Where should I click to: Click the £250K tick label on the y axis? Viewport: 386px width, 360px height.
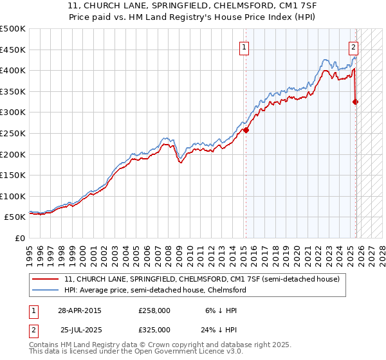(x=12, y=133)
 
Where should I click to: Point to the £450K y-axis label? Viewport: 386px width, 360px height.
(x=12, y=50)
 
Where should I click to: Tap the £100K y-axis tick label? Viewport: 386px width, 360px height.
(x=12, y=196)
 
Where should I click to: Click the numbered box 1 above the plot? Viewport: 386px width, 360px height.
(x=245, y=46)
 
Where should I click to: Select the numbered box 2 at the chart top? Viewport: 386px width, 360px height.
(x=354, y=46)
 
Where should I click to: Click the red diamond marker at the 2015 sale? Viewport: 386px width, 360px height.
(x=246, y=130)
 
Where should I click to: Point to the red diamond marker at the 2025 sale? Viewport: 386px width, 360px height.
(x=356, y=102)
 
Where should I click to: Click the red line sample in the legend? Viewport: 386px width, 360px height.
(x=46, y=279)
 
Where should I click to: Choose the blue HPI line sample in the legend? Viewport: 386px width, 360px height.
(x=46, y=290)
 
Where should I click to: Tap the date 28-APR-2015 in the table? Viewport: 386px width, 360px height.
(x=79, y=310)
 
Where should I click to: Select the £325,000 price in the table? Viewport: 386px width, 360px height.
(x=154, y=329)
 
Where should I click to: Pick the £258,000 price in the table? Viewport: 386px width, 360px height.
(x=154, y=310)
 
